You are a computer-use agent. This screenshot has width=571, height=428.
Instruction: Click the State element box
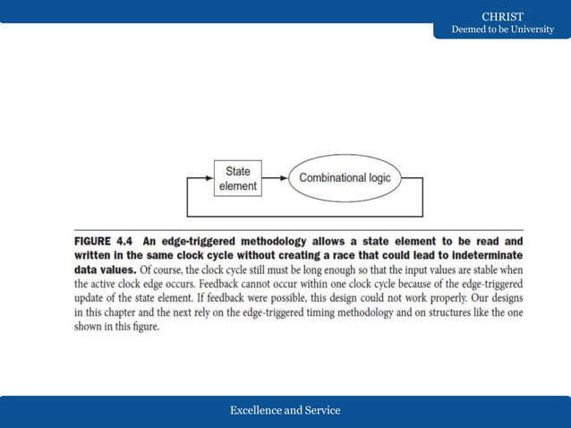coord(239,177)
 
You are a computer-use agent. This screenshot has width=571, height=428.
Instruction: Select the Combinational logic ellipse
coord(345,177)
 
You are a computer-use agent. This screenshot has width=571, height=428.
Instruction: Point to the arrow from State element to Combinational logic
coord(277,177)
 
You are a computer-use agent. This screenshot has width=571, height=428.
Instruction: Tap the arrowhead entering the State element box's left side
coord(210,177)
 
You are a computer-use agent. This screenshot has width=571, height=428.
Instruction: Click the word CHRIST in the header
coord(502,16)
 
